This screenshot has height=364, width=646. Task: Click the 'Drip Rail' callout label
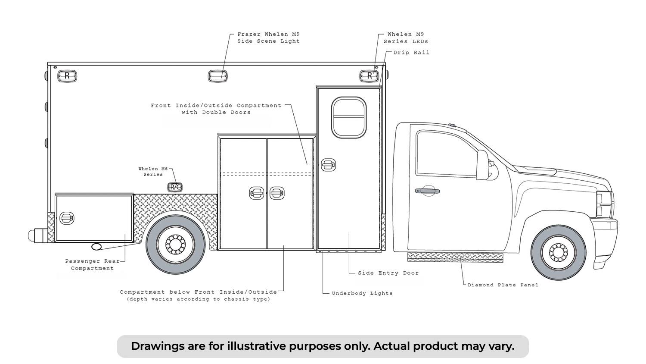[x=411, y=53]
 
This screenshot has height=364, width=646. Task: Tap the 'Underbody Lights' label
[x=362, y=293]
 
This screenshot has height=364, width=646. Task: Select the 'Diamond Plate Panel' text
[x=503, y=285]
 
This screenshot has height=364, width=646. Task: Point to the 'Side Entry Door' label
[x=388, y=273]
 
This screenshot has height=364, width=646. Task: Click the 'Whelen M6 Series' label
[x=153, y=172]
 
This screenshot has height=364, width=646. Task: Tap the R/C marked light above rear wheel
[x=175, y=187]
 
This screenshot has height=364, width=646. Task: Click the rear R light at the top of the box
[x=67, y=76]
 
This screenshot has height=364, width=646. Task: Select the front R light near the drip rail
[x=369, y=76]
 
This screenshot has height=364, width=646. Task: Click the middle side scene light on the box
[x=218, y=76]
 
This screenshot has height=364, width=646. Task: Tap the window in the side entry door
[x=349, y=118]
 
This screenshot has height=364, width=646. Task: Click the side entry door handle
[x=329, y=165]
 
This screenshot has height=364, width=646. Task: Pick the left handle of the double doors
[x=257, y=193]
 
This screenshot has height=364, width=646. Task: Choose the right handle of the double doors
[x=277, y=193]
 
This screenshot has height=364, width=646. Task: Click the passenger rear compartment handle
[x=67, y=218]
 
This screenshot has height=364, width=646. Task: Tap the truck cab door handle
[x=427, y=191]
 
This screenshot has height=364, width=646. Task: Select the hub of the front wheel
[x=558, y=252]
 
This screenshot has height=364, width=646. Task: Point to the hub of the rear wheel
[x=175, y=245]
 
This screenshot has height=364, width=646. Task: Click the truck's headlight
[x=604, y=204]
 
